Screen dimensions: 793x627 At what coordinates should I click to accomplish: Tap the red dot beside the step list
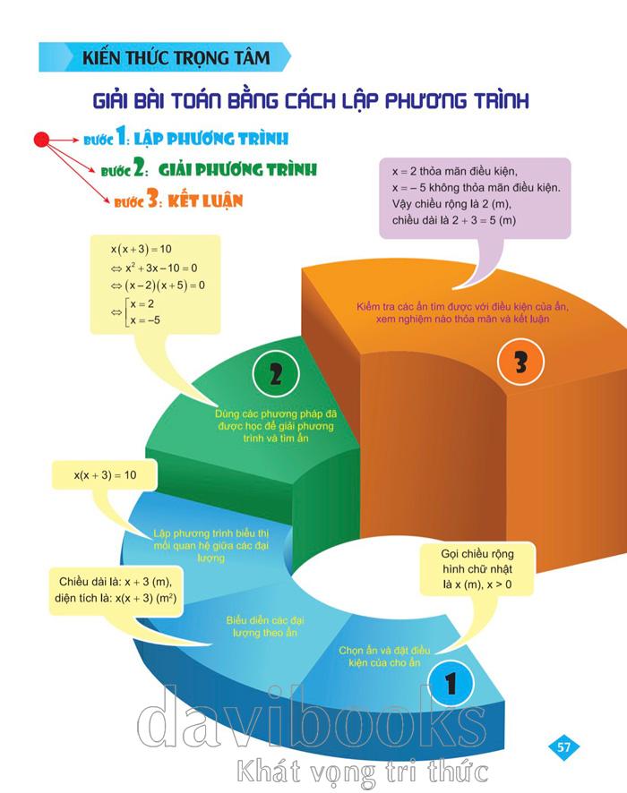[x=41, y=139]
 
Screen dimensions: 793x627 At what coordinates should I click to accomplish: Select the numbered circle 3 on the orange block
[x=521, y=362]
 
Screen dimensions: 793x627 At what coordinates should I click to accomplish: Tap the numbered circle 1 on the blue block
[x=451, y=682]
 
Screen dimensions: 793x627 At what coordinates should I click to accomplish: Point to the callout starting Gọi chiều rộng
[x=477, y=570]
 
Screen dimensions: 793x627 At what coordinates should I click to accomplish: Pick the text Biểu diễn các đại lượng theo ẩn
[x=262, y=625]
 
